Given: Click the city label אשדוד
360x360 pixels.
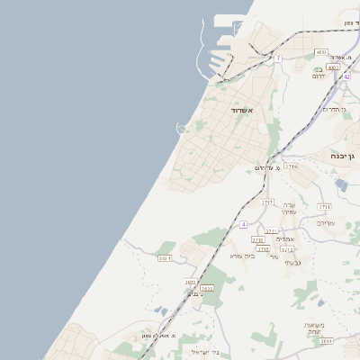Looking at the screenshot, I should pos(242,110).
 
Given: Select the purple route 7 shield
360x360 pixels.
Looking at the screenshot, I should pos(278,58).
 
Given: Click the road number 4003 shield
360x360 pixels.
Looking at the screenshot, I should pos(321,53).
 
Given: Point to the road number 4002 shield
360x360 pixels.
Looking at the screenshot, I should pos(333,67).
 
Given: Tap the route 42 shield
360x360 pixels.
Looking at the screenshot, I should pos(346,76).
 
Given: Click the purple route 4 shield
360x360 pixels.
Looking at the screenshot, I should pos(242,223).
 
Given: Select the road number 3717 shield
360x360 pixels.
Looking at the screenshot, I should pos(266,202).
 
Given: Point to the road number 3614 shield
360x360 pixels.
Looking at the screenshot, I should pos(326,341).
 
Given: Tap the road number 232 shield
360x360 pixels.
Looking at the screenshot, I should pos(164,258).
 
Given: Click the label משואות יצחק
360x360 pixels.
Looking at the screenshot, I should pos(313,328).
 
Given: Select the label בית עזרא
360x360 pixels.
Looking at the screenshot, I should pos(243,256).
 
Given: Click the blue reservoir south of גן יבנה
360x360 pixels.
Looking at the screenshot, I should pos(341,185).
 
